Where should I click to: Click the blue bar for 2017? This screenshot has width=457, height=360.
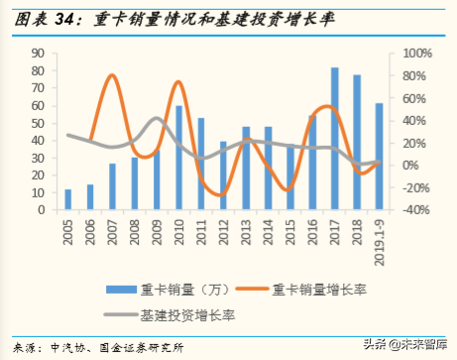pyautogui.click(x=335, y=139)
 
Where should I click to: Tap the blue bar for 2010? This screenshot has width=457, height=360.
pyautogui.click(x=179, y=158)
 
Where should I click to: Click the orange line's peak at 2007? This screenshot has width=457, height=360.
pyautogui.click(x=112, y=75)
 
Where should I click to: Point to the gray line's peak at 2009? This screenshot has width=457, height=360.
pyautogui.click(x=157, y=119)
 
